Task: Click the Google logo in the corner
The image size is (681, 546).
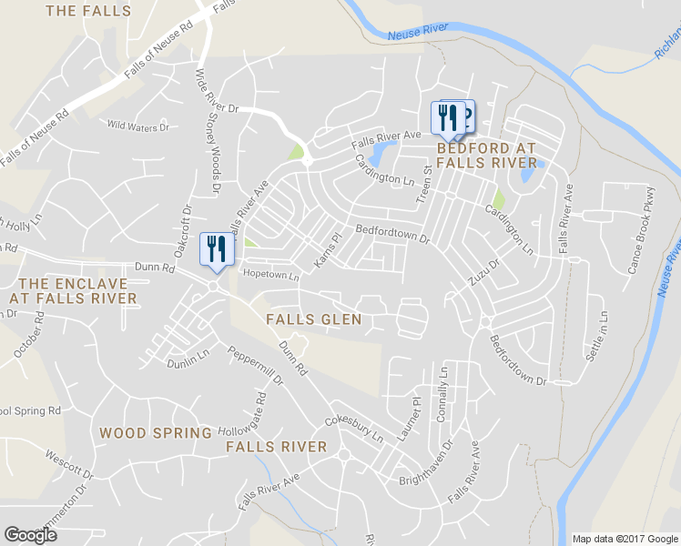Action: point(30,535)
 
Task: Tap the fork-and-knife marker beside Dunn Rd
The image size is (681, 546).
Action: point(216,249)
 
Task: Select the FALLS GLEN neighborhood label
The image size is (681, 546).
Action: point(314,319)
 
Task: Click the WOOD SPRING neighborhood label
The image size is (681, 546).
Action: point(156,433)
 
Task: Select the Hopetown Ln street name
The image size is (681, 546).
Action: point(269,274)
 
